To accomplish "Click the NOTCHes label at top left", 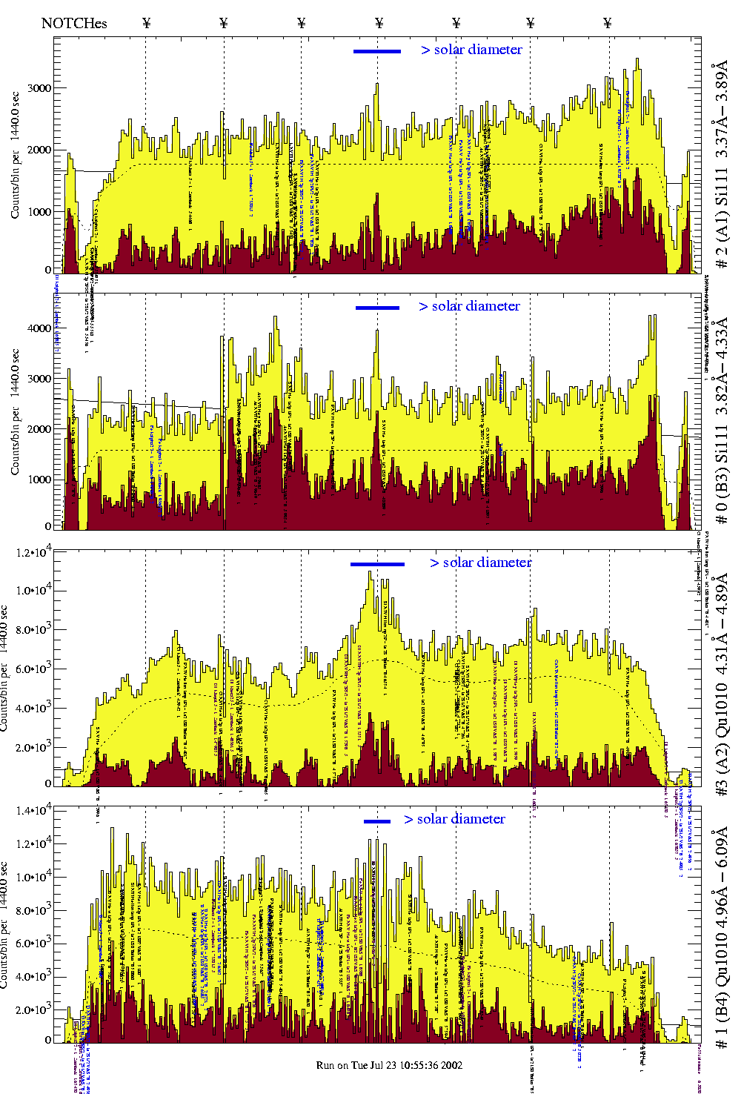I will pos(74,23).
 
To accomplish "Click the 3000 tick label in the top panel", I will pos(39,88).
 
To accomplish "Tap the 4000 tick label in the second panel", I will pos(39,328).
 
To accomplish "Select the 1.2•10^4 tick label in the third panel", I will pos(33,553).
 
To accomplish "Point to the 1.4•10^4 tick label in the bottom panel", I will pos(33,810).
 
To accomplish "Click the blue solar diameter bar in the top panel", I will pos(377,51).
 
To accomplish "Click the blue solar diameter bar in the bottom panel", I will pos(377,821).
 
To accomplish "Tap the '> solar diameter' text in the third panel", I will pos(480,563).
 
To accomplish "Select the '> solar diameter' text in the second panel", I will pos(469,306).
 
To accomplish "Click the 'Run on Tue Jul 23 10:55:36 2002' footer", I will pos(389,1065).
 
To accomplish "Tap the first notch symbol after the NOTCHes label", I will pos(146,23).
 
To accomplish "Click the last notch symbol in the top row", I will pos(608,23).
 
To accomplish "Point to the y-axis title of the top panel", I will pos(16,156).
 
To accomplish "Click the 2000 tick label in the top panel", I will pos(39,150).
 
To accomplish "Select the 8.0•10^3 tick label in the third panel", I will pos(33,630).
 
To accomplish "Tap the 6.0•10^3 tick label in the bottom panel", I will pos(33,944).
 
